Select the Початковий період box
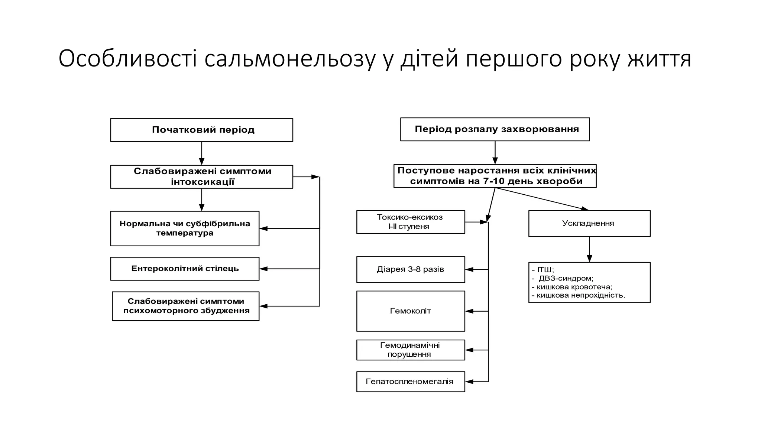pyautogui.click(x=201, y=130)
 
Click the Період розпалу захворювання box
pyautogui.click(x=495, y=129)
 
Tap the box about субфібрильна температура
pyautogui.click(x=185, y=228)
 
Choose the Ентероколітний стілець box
pyautogui.click(x=185, y=269)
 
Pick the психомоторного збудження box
pyautogui.click(x=185, y=306)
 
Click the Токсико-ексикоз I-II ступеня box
pyautogui.click(x=410, y=222)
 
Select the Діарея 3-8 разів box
pyautogui.click(x=410, y=269)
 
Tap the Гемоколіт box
pyautogui.click(x=410, y=311)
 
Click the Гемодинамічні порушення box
pyautogui.click(x=410, y=350)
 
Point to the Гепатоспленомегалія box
pyautogui.click(x=410, y=382)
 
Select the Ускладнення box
pyautogui.click(x=589, y=223)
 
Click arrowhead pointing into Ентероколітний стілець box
pyautogui.click(x=263, y=269)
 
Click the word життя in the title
pyautogui.click(x=659, y=59)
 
